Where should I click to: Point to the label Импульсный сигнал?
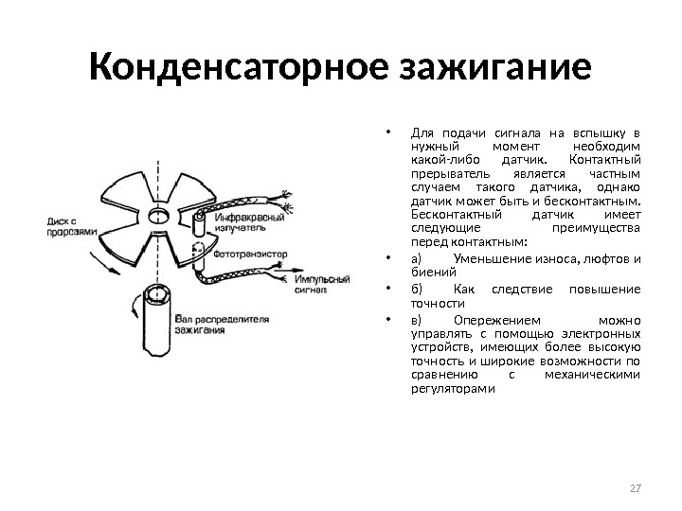point(321,285)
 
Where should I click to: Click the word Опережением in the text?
point(498,319)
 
